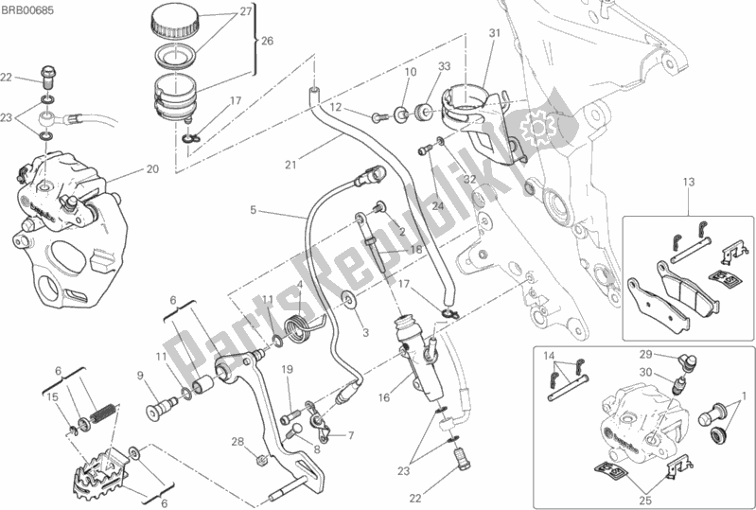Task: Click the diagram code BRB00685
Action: (x=27, y=10)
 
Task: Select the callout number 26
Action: (x=267, y=41)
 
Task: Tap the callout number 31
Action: (x=494, y=33)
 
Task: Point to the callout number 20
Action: (x=152, y=169)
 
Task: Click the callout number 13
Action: (x=689, y=183)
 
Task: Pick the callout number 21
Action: (x=290, y=165)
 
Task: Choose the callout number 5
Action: (x=254, y=210)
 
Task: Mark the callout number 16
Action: (x=384, y=397)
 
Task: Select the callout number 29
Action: (x=645, y=355)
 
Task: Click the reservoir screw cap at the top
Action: (x=175, y=22)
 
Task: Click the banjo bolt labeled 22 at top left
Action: (x=46, y=76)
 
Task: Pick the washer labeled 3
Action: (x=347, y=299)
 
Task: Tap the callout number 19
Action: (x=288, y=370)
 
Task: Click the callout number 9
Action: (x=140, y=375)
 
